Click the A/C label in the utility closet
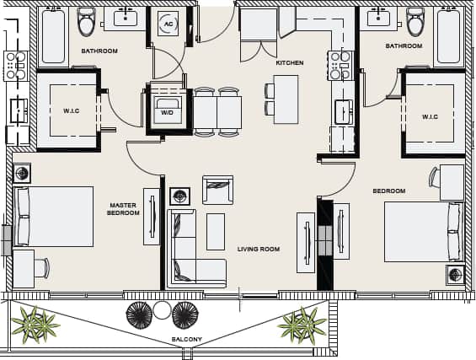pos(168,24)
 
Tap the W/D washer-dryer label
pos(167,112)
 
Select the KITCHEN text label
pos(289,63)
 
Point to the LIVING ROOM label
pos(258,249)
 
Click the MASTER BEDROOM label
pos(123,209)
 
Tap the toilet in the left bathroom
pos(87,23)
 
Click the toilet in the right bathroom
pos(414,22)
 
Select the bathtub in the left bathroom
pos(53,37)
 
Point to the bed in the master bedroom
pos(54,217)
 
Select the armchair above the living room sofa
pos(217,190)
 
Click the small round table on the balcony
pos(162,309)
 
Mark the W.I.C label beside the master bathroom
pos(71,110)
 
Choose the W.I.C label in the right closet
pos(430,116)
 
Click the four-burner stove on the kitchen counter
pos(340,64)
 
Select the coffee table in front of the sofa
pos(216,231)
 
